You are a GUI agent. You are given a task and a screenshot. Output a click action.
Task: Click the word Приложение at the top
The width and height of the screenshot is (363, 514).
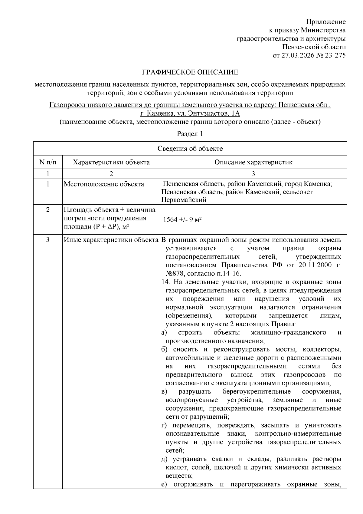click(x=326, y=22)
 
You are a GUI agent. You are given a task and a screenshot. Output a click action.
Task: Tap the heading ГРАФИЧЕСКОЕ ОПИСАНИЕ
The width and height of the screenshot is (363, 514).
click(x=190, y=72)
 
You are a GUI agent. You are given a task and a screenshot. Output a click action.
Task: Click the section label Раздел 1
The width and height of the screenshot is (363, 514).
click(x=190, y=134)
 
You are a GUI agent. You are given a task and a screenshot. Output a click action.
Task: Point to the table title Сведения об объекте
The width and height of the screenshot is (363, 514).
click(x=190, y=149)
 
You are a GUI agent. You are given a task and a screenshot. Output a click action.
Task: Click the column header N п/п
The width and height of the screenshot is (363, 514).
click(x=48, y=162)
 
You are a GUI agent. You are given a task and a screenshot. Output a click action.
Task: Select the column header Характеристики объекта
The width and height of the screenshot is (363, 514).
click(x=111, y=162)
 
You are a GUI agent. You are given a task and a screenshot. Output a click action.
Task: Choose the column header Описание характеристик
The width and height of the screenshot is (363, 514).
click(x=253, y=162)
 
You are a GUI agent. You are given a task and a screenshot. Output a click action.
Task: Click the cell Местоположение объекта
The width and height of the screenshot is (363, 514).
click(x=104, y=184)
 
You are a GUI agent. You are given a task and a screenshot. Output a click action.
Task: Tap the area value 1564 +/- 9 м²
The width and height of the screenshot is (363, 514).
click(x=182, y=220)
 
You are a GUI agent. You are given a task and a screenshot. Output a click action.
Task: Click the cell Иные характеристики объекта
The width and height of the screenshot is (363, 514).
click(x=111, y=240)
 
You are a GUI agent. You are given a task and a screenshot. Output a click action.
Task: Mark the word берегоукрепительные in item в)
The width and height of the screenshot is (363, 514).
click(x=257, y=392)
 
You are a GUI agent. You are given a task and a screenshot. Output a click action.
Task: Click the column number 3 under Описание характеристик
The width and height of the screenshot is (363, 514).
click(x=253, y=174)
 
